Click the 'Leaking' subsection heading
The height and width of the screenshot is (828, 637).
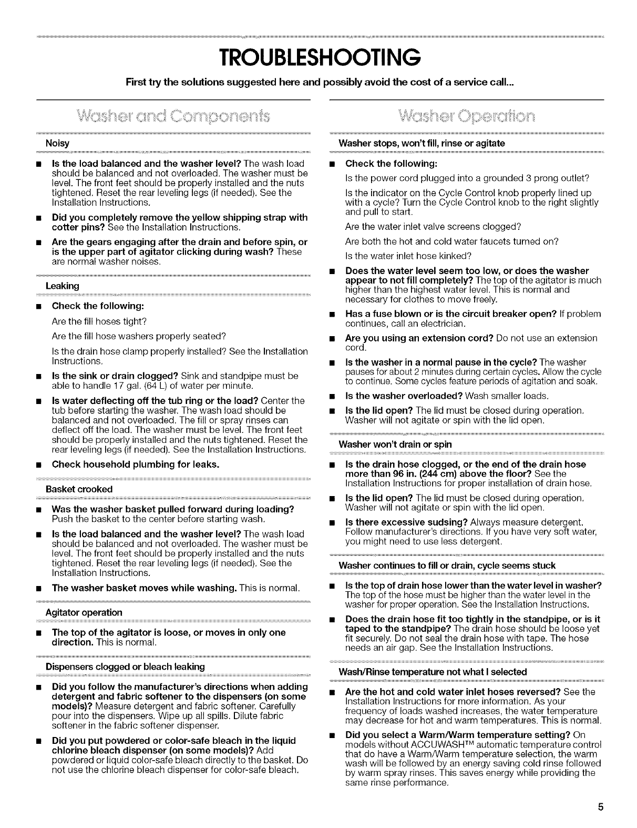click(62, 286)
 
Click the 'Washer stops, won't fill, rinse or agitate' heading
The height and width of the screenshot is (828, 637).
click(422, 143)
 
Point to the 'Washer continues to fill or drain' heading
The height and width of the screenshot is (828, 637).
click(447, 565)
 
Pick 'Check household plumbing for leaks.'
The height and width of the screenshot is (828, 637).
click(135, 464)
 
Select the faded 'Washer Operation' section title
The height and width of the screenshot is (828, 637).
click(466, 116)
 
